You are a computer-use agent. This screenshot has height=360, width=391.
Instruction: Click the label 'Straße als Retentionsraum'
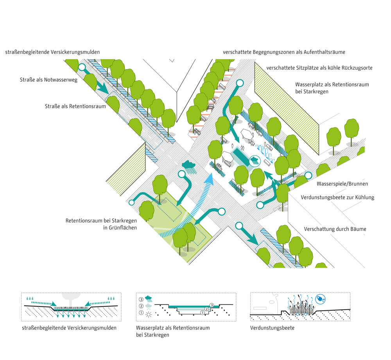[75, 106]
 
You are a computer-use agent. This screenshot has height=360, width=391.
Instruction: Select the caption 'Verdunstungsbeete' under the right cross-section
[272, 328]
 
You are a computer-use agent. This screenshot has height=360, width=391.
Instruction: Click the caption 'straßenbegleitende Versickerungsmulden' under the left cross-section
[69, 328]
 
